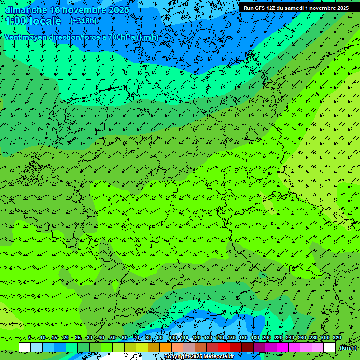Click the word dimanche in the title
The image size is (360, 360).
(x=25, y=10)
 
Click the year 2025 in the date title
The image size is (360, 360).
(x=116, y=10)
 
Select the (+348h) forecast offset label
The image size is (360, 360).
(x=83, y=21)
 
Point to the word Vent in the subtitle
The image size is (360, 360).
(x=14, y=37)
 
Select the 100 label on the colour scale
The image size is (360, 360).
(x=172, y=338)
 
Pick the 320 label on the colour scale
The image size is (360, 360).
(x=337, y=338)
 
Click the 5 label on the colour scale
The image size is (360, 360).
(x=30, y=338)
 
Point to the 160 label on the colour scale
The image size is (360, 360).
(x=243, y=338)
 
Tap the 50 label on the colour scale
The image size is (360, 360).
(x=112, y=338)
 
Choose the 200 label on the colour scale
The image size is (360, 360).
(x=267, y=338)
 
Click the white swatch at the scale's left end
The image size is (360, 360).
(x=25, y=347)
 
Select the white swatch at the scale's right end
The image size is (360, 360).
(x=330, y=347)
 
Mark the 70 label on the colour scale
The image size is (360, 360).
(x=136, y=338)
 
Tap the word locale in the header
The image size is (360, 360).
(x=45, y=21)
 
